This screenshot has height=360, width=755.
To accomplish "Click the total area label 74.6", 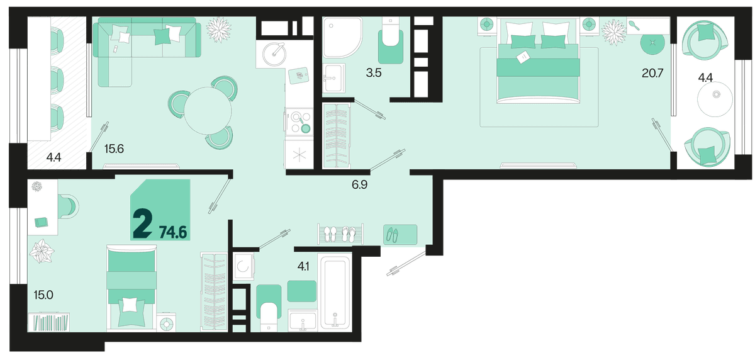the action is point(173,232).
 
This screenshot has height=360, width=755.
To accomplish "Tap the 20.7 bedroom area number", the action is point(652,73).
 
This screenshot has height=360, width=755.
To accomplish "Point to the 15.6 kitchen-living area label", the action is point(114,149).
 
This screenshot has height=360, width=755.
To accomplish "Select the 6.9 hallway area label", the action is point(359,184).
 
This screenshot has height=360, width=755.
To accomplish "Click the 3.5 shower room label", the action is point(374,73).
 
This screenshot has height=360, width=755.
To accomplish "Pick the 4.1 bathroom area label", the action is point(303,267).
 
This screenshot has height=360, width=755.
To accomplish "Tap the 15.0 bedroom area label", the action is point(43,295).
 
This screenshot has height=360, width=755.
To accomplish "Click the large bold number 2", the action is point(142,223).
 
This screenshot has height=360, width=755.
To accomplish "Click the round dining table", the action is point(208,111).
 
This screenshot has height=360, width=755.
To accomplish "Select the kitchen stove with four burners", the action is point(299,122).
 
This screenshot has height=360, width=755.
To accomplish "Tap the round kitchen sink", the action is point(274,54).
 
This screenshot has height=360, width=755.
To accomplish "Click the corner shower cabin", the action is point(342,37).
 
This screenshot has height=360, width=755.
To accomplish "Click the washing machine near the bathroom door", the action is point(243,266).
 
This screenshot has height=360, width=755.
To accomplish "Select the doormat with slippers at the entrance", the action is point(400,234).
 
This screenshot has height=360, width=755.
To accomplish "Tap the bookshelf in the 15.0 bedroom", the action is point(48,322).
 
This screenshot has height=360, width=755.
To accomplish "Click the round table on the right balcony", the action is point(715,99).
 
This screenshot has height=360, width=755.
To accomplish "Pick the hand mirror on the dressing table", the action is point(634,26).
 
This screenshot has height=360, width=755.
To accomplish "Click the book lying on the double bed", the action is point(523,57).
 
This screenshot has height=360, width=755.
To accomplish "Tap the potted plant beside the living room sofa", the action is point(219,30).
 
